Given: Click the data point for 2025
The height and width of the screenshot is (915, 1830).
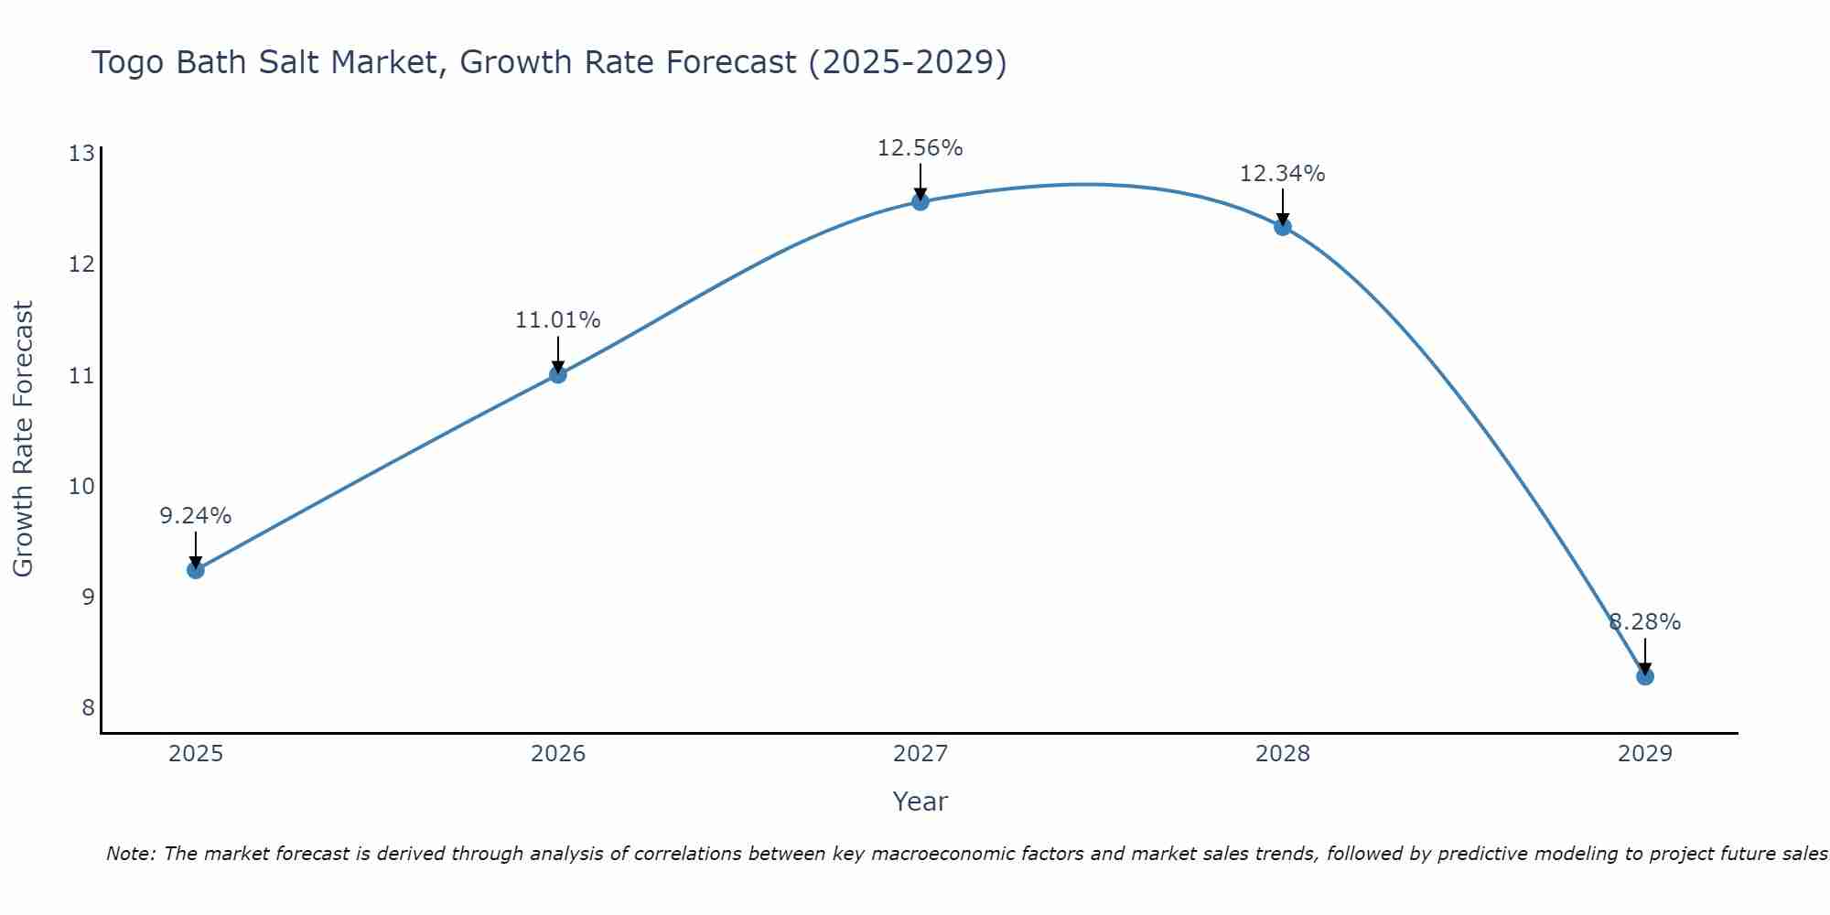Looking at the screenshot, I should click(x=196, y=570).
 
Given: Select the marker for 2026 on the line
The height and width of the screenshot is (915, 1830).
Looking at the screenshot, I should click(x=558, y=374).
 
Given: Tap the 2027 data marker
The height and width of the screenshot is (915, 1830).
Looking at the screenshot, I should click(x=920, y=201).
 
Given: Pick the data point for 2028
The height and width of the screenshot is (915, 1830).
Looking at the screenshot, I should click(x=1283, y=227).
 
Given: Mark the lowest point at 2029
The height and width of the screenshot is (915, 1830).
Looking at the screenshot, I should click(x=1644, y=676).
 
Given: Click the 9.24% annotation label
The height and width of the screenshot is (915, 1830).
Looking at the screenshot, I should click(x=196, y=516).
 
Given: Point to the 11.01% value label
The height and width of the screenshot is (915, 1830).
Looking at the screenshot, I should click(x=558, y=320).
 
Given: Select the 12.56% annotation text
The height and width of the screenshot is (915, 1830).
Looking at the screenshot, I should click(x=920, y=148).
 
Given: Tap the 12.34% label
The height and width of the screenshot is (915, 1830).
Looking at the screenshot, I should click(x=1283, y=174).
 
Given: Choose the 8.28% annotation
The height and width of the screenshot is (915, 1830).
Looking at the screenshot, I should click(x=1644, y=622).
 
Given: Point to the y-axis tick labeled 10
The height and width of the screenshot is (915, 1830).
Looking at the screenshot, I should click(x=81, y=486).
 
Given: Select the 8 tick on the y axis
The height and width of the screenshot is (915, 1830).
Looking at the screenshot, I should click(x=88, y=707).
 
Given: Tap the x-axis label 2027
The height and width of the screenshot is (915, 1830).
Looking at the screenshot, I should click(x=920, y=754).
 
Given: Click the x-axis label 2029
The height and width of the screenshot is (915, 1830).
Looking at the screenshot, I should click(x=1644, y=754).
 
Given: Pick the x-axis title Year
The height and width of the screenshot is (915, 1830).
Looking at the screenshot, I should click(x=920, y=802).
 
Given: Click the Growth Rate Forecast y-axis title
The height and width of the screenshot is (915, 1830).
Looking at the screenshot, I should click(x=24, y=439).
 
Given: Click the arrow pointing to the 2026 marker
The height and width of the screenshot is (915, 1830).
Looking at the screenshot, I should click(x=558, y=353).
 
